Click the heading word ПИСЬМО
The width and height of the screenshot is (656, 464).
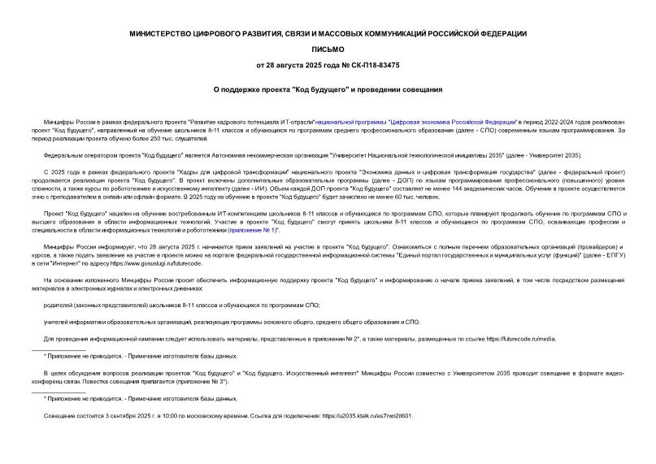pyautogui.click(x=328, y=48)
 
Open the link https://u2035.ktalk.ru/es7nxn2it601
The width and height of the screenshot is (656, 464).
pyautogui.click(x=367, y=415)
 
